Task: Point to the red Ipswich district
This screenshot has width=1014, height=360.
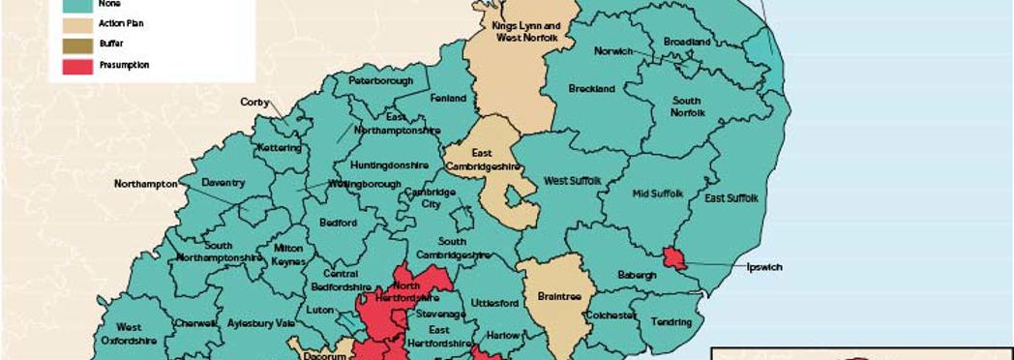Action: pyautogui.click(x=673, y=258)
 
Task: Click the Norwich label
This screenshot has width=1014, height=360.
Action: pyautogui.click(x=613, y=51)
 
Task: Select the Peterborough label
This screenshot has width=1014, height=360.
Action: pyautogui.click(x=380, y=80)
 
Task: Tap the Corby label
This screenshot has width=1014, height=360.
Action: pyautogui.click(x=254, y=102)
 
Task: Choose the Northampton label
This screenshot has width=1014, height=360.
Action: pyautogui.click(x=145, y=183)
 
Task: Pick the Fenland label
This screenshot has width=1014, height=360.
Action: pyautogui.click(x=449, y=98)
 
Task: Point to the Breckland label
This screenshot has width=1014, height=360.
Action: pyautogui.click(x=591, y=89)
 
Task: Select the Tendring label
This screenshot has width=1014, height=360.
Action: pyautogui.click(x=672, y=321)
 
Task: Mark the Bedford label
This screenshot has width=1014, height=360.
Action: pyautogui.click(x=338, y=223)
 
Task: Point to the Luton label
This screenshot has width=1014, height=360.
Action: pyautogui.click(x=319, y=312)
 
